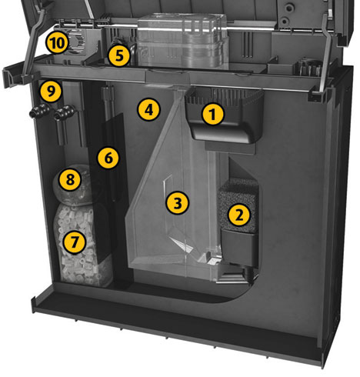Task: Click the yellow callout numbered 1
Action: pyautogui.click(x=212, y=114)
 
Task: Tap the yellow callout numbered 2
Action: pyautogui.click(x=238, y=215)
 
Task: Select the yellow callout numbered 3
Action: pyautogui.click(x=177, y=203)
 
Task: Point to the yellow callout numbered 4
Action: pyautogui.click(x=148, y=109)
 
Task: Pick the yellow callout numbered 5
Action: pyautogui.click(x=119, y=55)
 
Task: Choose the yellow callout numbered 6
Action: pyautogui.click(x=108, y=158)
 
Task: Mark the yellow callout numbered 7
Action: pyautogui.click(x=74, y=242)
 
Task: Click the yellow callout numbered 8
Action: pyautogui.click(x=70, y=179)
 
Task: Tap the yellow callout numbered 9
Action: pyautogui.click(x=51, y=91)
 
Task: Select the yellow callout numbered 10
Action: pyautogui.click(x=57, y=42)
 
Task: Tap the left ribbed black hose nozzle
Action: pyautogui.click(x=39, y=112)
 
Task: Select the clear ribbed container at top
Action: pyautogui.click(x=182, y=41)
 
